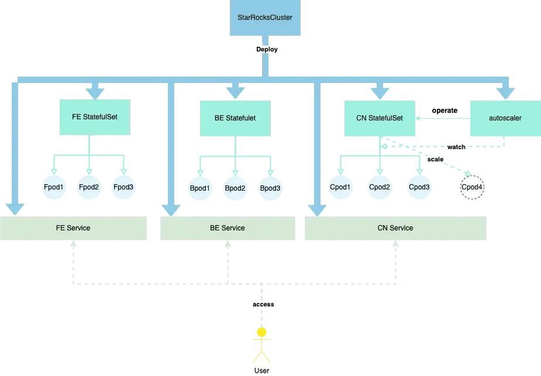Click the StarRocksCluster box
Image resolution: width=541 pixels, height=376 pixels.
(x=265, y=18)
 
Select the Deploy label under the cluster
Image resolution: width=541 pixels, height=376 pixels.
(x=267, y=49)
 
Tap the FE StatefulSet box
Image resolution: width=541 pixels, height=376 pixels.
(x=95, y=117)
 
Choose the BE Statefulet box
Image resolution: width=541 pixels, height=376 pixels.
(x=235, y=118)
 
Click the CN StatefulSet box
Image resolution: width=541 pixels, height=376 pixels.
(x=380, y=118)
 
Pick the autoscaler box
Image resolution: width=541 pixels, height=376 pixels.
(x=505, y=118)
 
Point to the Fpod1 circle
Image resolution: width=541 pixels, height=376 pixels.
(x=54, y=187)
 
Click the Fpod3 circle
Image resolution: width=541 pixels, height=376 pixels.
(x=124, y=187)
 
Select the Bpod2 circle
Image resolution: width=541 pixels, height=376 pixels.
(x=235, y=188)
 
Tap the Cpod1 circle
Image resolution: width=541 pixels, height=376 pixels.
(x=340, y=187)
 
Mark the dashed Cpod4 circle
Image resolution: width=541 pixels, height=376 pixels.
(x=473, y=188)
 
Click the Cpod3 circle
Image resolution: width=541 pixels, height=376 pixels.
(x=419, y=187)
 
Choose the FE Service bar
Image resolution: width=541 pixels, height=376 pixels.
(x=73, y=228)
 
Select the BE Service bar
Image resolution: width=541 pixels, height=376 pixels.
(x=228, y=228)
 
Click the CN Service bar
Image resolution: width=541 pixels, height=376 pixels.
(x=395, y=228)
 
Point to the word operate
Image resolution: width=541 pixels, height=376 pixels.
(x=444, y=110)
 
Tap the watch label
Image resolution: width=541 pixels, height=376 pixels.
(x=456, y=147)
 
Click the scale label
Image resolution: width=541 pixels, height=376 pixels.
(x=436, y=159)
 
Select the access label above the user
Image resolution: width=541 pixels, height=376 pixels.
(x=263, y=304)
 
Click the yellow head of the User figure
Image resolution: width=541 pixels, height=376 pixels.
(x=262, y=332)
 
